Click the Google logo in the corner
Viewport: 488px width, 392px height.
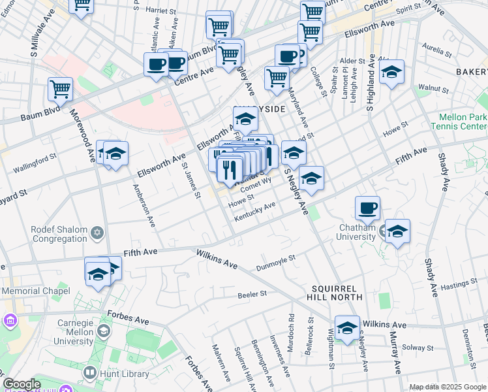coord(22,385)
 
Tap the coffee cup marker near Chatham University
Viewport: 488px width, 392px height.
coord(368,208)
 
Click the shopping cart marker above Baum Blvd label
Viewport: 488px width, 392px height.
coord(61,90)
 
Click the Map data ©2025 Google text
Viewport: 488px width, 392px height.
coord(447,387)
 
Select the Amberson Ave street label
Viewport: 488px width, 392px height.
coord(144,205)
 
